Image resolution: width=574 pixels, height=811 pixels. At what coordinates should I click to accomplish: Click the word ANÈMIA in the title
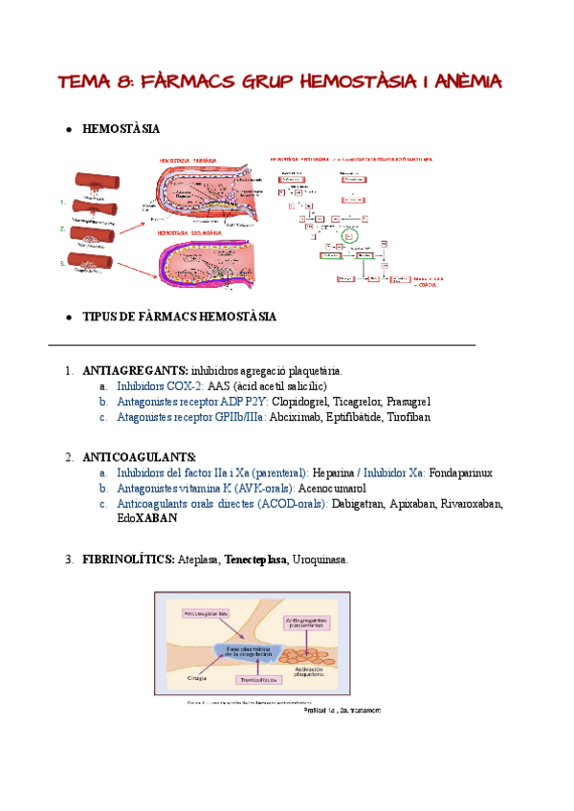click(463, 81)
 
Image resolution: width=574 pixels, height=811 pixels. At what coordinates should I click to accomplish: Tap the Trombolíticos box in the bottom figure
click(258, 680)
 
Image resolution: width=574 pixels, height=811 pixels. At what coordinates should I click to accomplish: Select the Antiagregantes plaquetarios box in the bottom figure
click(306, 624)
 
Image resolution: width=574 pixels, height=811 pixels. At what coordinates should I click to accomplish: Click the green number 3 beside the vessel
click(62, 262)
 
